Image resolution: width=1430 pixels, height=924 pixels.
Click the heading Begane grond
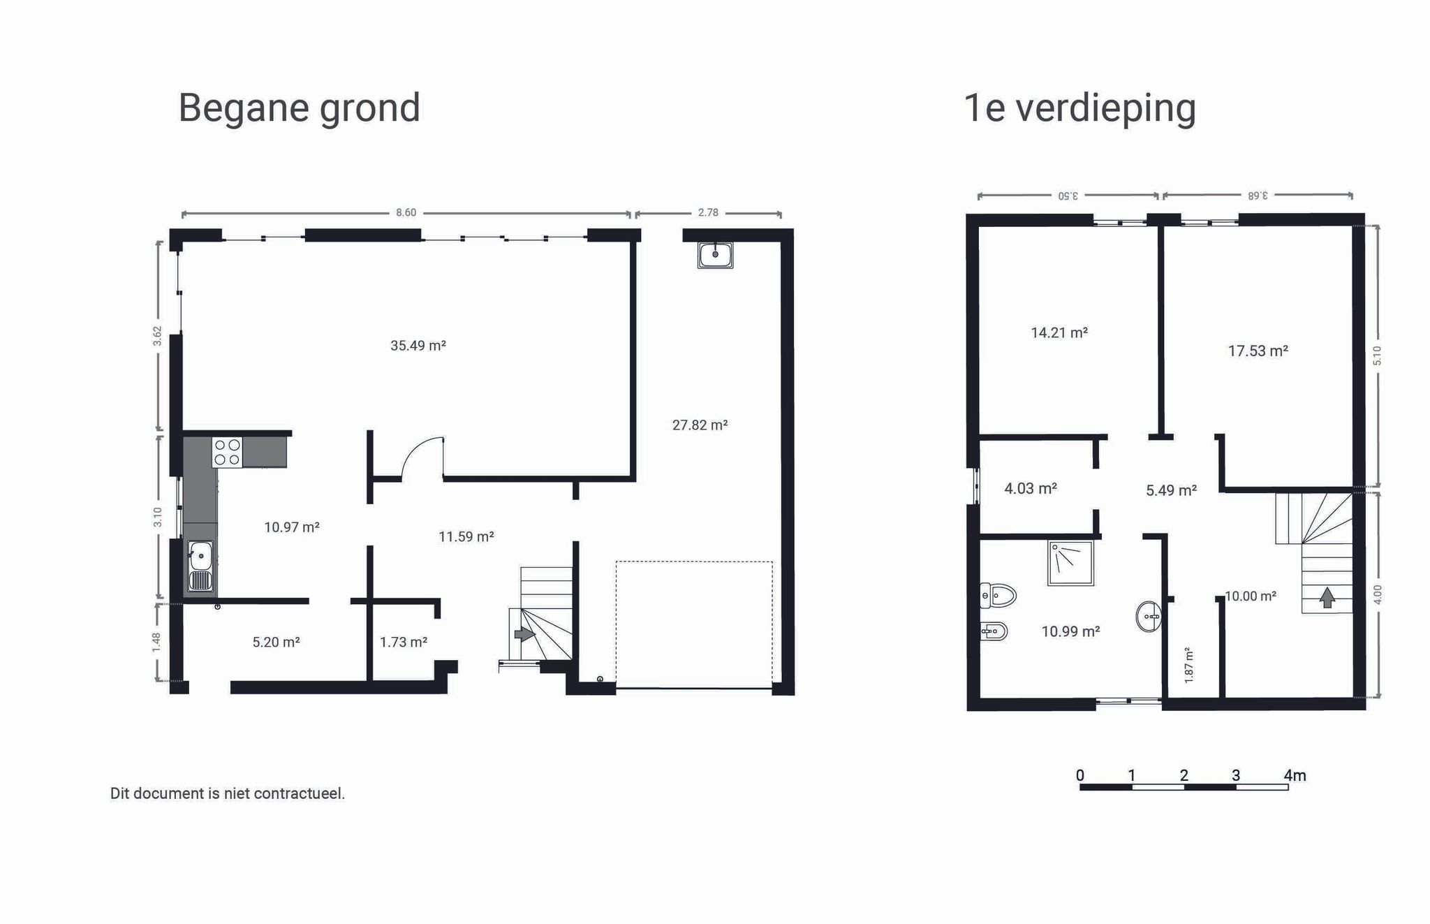[x=299, y=108]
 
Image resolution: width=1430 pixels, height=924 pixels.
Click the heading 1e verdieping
[x=1079, y=108]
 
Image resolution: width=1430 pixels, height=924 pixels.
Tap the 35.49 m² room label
[x=418, y=345]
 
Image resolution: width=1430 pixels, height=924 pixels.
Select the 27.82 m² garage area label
[x=700, y=425]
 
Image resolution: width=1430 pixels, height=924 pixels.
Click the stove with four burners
[x=227, y=452]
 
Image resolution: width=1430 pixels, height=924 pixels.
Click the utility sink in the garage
[x=715, y=255]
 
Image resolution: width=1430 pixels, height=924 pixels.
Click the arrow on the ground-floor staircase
[x=524, y=634]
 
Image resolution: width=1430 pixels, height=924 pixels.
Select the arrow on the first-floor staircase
[x=1327, y=597]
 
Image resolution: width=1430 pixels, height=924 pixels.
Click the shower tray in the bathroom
[x=1070, y=562]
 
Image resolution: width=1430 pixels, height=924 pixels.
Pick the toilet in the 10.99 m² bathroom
[x=998, y=595]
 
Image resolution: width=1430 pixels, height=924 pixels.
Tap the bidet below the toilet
[x=994, y=631]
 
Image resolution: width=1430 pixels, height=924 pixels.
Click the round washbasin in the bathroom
[x=1149, y=617]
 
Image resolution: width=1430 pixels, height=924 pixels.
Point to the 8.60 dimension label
[x=406, y=212]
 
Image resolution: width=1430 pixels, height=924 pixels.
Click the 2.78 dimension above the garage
[x=708, y=212]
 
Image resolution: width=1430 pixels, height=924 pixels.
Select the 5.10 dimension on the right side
[x=1376, y=355]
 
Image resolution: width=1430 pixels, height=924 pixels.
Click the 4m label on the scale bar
[x=1295, y=775]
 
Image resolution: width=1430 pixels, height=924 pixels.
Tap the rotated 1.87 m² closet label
[x=1188, y=664]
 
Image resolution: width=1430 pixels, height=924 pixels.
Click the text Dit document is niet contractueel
[x=228, y=793]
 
